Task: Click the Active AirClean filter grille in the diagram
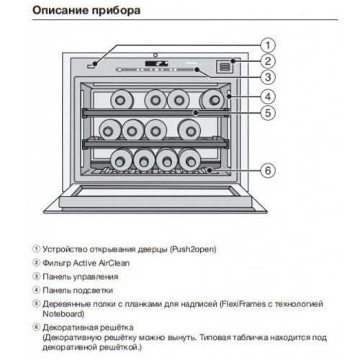tap(225, 66)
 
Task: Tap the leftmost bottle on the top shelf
tap(121, 98)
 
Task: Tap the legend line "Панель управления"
tap(80, 276)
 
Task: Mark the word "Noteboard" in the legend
tap(62, 314)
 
